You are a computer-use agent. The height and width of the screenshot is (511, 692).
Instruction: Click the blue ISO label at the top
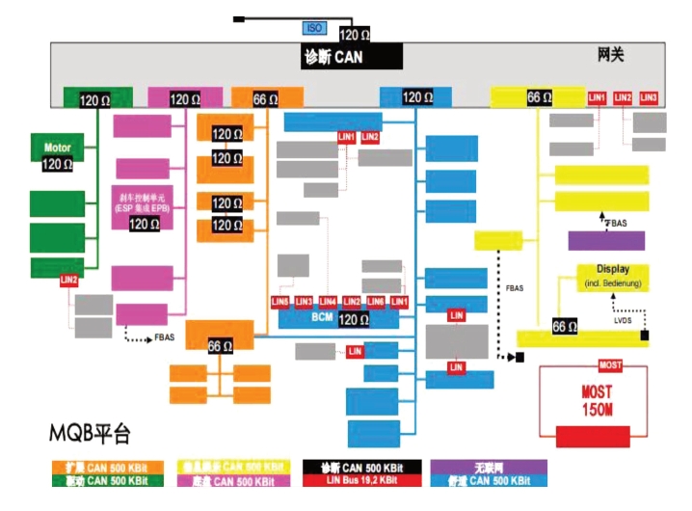[314, 29]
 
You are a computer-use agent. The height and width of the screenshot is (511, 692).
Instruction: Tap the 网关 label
[611, 55]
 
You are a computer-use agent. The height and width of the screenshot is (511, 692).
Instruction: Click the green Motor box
[58, 148]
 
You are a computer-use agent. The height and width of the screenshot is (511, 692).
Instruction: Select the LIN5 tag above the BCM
[280, 302]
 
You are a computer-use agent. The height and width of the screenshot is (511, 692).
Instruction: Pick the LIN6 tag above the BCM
[376, 302]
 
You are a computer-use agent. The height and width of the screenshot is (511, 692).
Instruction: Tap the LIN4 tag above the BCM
[329, 302]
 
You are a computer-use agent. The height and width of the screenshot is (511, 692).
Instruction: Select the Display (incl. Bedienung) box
[613, 277]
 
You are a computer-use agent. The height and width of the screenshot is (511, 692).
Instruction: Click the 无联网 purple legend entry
[489, 467]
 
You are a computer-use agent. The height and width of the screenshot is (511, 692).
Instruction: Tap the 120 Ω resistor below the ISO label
[355, 35]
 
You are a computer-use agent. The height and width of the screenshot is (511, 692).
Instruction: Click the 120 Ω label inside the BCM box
[354, 319]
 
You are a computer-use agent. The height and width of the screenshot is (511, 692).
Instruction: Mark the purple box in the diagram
[606, 241]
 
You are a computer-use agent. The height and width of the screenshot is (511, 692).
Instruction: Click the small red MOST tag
[610, 365]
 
